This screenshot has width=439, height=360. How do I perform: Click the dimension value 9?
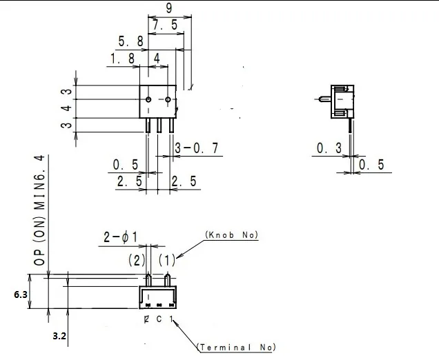pos(169,8)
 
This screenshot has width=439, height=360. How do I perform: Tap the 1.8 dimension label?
pos(121,59)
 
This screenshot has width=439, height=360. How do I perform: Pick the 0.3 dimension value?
pos(329,148)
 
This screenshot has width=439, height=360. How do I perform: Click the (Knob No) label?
pos(231,235)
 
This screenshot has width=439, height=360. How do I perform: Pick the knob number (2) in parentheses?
pos(136,261)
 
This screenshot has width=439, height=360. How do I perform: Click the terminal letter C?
pos(158,319)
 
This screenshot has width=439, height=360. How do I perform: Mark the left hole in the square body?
pos(148,101)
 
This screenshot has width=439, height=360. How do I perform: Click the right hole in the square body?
pos(168,101)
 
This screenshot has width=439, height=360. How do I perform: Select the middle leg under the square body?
pos(159,126)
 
